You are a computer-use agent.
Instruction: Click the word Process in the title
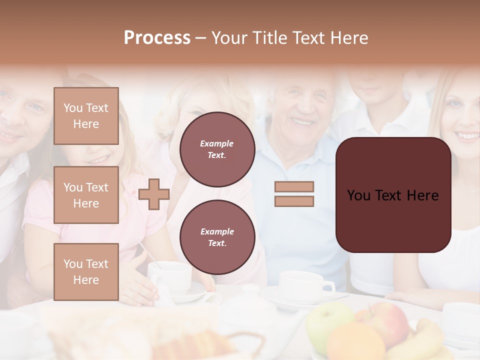[157, 38]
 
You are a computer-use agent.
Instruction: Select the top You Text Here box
[86, 116]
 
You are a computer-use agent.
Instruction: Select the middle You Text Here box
[86, 195]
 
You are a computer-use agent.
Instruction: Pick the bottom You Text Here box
[86, 271]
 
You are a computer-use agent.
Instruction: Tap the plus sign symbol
[154, 194]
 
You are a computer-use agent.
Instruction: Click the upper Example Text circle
[217, 149]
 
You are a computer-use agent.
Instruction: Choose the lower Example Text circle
[217, 237]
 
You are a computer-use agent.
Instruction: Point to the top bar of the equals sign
[294, 187]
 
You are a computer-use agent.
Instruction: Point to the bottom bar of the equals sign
[294, 201]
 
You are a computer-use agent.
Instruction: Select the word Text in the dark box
[392, 195]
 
